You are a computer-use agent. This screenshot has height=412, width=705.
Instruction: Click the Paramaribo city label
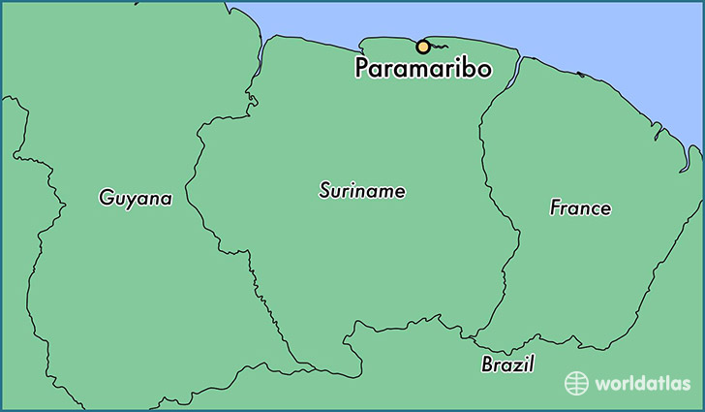click(422, 70)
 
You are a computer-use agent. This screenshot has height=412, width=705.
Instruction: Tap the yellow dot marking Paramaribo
click(422, 46)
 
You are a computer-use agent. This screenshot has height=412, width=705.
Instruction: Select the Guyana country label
click(136, 198)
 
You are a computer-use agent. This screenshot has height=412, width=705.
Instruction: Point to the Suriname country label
click(362, 191)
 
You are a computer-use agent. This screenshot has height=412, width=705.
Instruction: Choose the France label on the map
click(580, 207)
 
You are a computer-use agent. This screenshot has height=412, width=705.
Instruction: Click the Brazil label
click(507, 364)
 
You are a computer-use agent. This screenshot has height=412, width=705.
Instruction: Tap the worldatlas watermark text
click(641, 384)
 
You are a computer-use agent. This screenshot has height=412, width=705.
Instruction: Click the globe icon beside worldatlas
click(577, 383)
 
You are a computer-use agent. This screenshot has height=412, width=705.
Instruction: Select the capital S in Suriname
click(325, 191)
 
